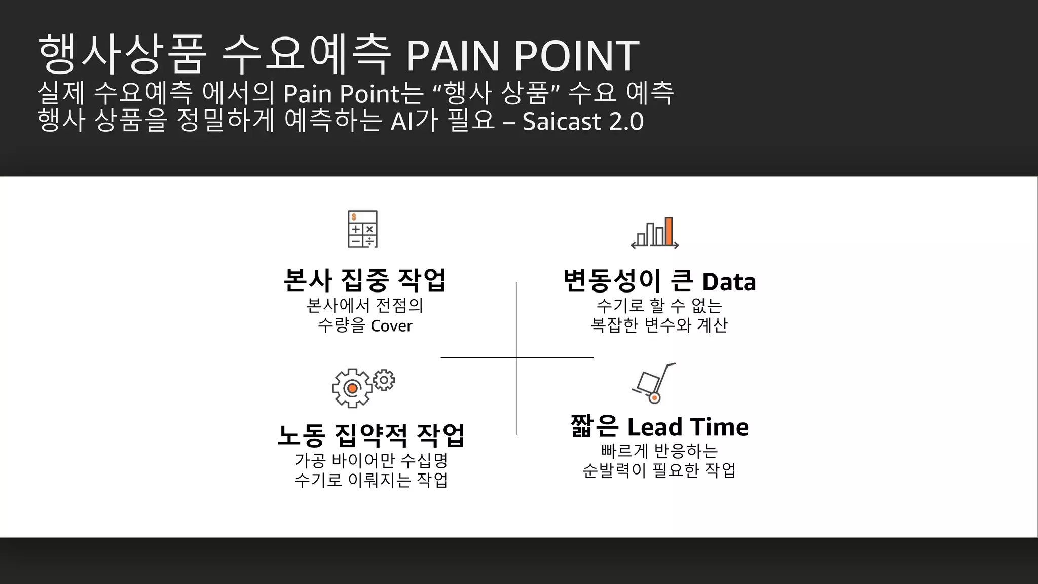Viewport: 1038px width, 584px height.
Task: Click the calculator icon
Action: pyautogui.click(x=362, y=229)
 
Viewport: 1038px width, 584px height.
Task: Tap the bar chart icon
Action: pyautogui.click(x=654, y=233)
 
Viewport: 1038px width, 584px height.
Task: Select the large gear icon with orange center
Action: pyautogui.click(x=352, y=388)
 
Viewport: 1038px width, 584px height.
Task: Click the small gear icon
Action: pyautogui.click(x=384, y=380)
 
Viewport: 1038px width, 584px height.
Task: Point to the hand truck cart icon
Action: pyautogui.click(x=653, y=383)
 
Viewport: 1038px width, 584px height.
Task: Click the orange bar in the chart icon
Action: pyautogui.click(x=669, y=231)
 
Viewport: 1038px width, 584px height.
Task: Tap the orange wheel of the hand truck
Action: pyautogui.click(x=654, y=398)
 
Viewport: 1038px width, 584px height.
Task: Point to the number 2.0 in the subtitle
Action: pyautogui.click(x=626, y=122)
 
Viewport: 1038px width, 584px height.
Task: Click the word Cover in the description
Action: pyautogui.click(x=391, y=326)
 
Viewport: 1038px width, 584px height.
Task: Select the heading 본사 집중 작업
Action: pyautogui.click(x=364, y=280)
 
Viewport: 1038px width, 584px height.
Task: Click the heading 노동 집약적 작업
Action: pyautogui.click(x=371, y=435)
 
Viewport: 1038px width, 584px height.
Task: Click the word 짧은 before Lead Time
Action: pyautogui.click(x=595, y=426)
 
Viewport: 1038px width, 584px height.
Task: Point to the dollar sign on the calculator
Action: pyautogui.click(x=354, y=217)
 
